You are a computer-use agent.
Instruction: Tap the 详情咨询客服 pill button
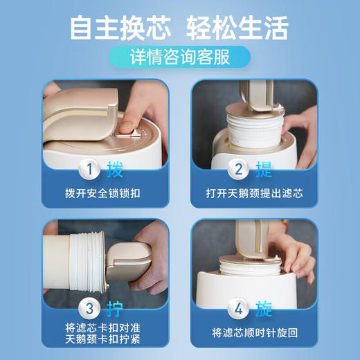coord(180,56)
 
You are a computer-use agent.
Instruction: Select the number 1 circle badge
coord(87,169)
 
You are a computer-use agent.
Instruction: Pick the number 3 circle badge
coord(87,308)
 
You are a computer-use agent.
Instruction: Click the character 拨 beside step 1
coord(115,169)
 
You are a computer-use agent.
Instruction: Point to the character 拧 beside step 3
coord(115,308)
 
